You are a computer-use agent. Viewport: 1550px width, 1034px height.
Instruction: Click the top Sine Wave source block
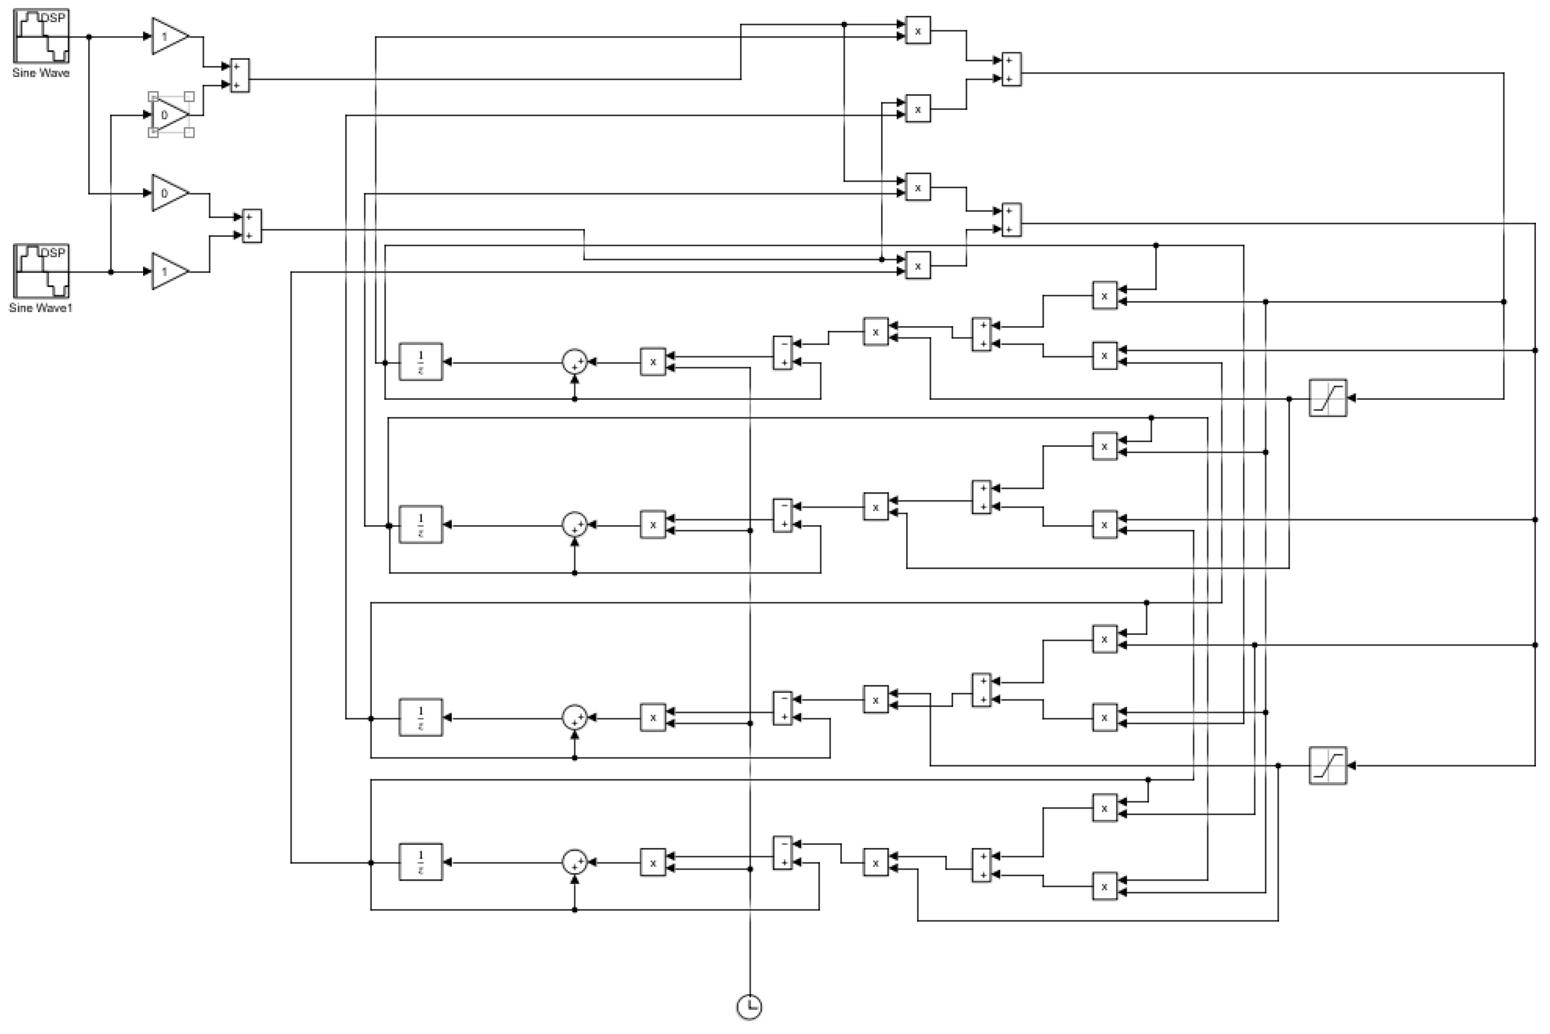(x=41, y=36)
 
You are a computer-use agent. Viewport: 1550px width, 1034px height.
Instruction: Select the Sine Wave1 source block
(x=41, y=271)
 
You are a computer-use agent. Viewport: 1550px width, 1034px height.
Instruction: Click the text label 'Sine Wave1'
(x=41, y=308)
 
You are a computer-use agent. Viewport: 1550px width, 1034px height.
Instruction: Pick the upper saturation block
(x=1327, y=398)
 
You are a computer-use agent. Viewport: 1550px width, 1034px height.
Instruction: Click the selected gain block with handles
(x=169, y=115)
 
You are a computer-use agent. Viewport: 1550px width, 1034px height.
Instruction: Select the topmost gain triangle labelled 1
(x=169, y=36)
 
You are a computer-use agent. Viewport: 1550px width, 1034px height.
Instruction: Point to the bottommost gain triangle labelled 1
(x=169, y=271)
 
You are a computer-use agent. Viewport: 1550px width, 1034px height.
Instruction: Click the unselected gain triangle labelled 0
(x=169, y=193)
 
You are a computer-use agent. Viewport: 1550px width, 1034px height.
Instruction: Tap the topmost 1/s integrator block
(x=421, y=362)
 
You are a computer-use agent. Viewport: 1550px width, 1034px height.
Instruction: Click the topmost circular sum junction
(x=574, y=362)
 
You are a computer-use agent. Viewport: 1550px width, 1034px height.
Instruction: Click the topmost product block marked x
(x=918, y=30)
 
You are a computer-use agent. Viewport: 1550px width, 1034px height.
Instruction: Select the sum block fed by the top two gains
(x=239, y=76)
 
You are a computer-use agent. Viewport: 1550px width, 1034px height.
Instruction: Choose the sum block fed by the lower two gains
(x=252, y=226)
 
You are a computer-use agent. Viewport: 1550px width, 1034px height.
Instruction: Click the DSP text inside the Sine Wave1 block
(x=53, y=253)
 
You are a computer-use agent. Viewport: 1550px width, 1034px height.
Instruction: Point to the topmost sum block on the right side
(x=1011, y=69)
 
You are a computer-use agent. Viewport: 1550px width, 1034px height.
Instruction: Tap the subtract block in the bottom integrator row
(x=783, y=853)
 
